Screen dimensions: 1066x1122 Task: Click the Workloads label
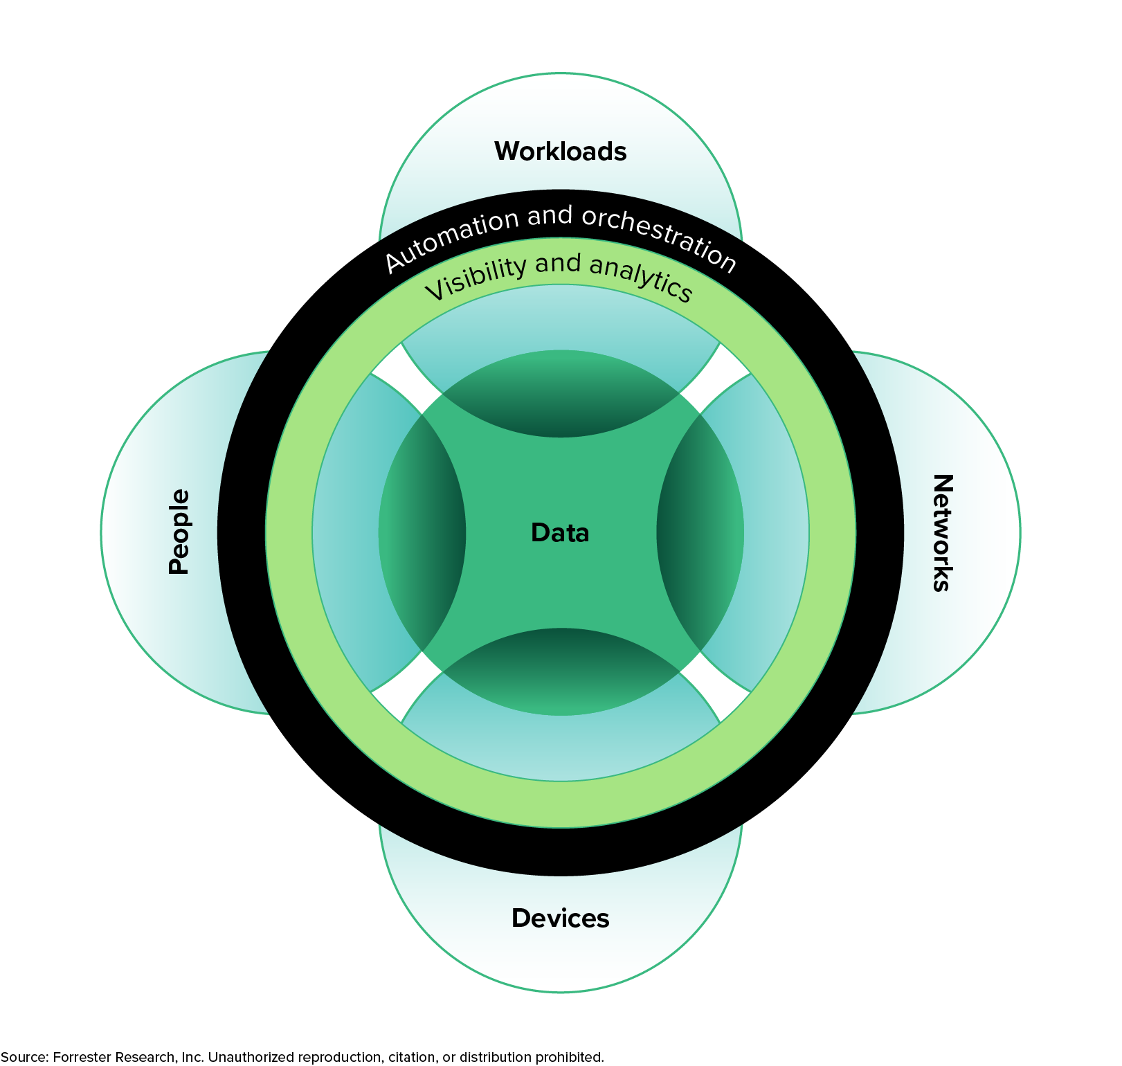click(560, 152)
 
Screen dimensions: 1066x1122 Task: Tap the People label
click(179, 532)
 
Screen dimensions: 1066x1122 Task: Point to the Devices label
click(560, 918)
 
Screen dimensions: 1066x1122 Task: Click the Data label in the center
click(560, 533)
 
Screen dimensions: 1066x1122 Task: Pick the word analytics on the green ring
click(640, 277)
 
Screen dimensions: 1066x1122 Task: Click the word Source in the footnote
click(24, 1057)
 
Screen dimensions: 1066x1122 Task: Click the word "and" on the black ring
click(550, 217)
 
